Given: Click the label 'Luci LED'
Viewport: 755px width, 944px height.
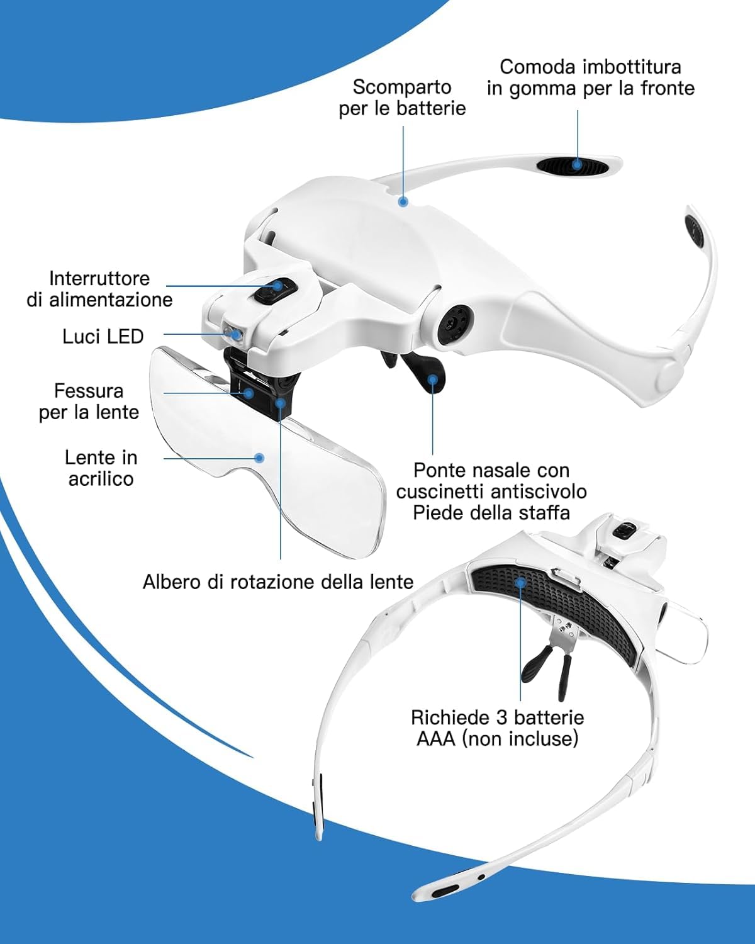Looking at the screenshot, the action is (103, 337).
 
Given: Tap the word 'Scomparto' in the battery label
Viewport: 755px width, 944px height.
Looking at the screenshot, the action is (402, 87).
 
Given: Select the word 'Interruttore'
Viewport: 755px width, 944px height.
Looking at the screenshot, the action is (99, 279).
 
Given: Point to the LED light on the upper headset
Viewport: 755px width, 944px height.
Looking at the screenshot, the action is (233, 333).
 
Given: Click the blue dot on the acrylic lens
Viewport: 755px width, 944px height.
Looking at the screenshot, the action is (259, 458).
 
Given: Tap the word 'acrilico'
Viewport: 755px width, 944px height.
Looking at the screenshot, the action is (101, 478).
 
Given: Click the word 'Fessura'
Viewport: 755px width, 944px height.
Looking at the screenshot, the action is (89, 391).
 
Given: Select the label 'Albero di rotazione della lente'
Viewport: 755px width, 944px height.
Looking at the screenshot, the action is (278, 582).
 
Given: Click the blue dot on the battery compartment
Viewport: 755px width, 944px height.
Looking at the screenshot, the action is (403, 201).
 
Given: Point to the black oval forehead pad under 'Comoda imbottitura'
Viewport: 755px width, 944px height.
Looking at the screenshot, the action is (573, 166).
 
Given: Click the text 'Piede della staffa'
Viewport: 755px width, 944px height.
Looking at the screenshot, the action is (491, 513).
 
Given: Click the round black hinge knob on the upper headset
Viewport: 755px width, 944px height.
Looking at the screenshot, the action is (455, 323).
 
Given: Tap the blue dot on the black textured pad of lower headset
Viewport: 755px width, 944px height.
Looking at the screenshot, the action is (520, 583).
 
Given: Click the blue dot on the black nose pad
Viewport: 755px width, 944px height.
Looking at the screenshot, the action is (433, 379).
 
